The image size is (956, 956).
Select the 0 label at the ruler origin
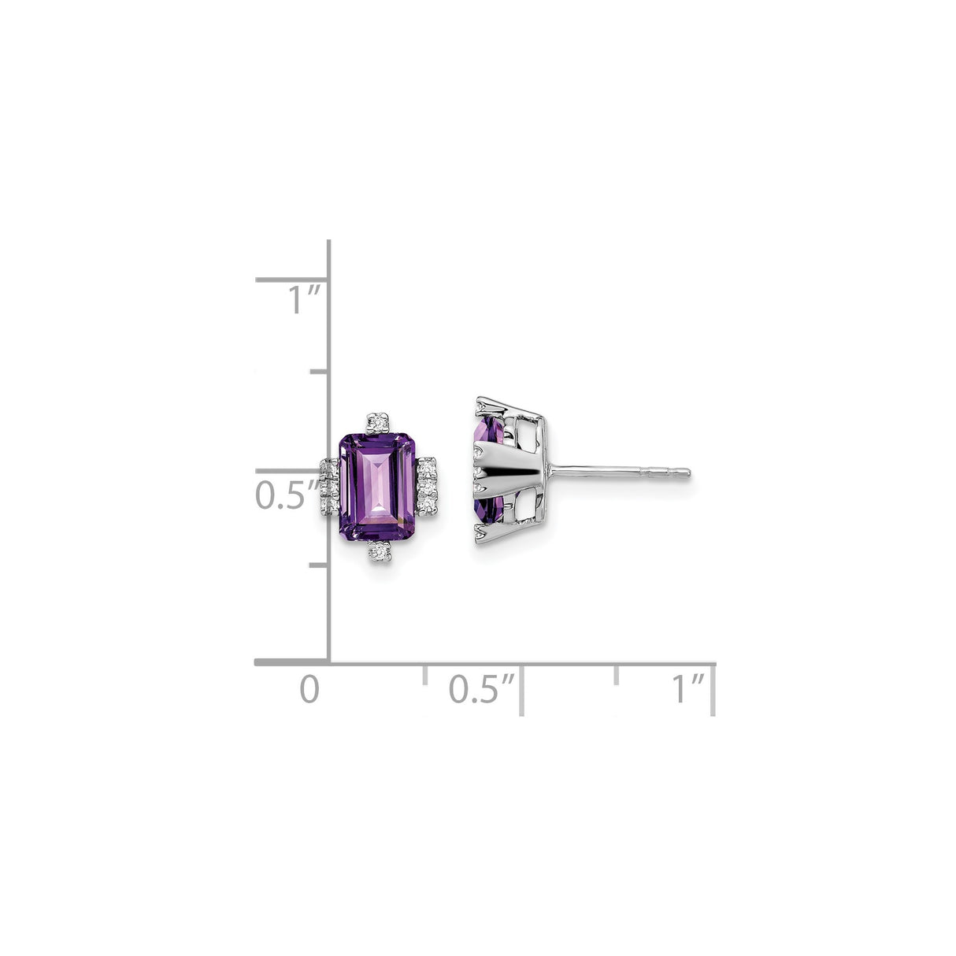[309, 689]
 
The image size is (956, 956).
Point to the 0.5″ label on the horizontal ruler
[481, 689]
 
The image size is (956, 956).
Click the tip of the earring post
[687, 473]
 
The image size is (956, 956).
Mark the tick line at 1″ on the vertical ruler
[291, 280]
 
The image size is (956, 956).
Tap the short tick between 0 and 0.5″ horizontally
[424, 674]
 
